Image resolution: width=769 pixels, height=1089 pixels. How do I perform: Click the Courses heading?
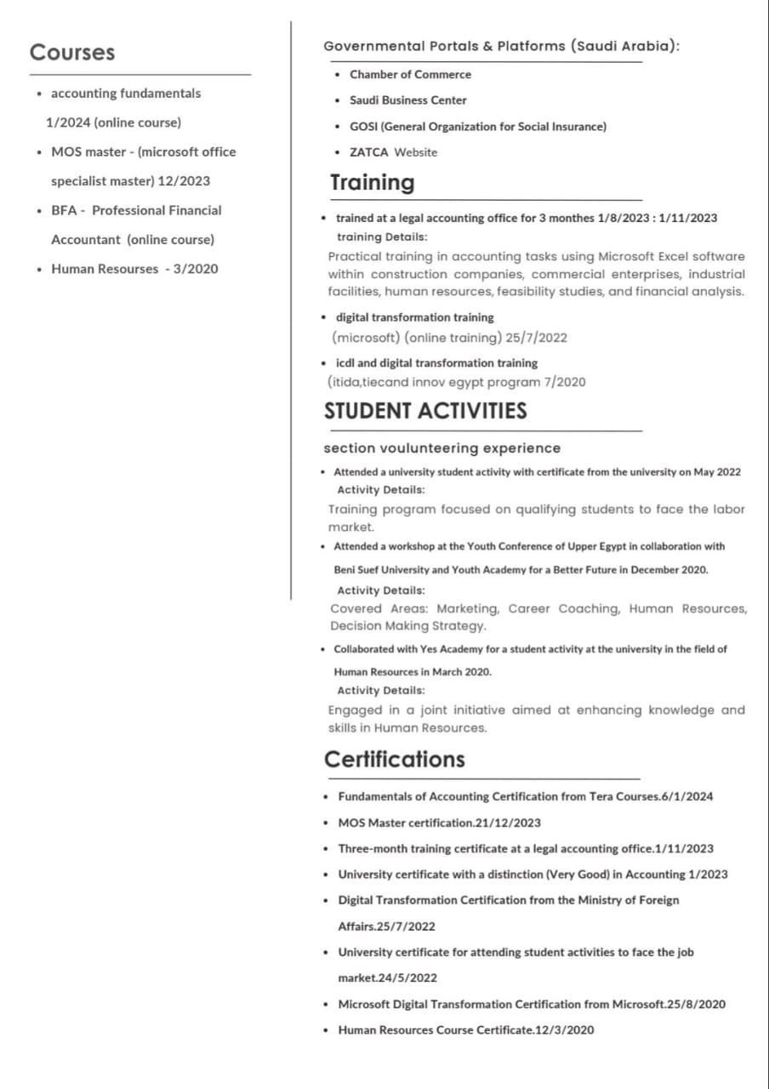[72, 53]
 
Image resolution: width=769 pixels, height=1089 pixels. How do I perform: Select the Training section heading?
[373, 183]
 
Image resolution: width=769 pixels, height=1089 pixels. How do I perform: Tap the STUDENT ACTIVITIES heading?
[425, 411]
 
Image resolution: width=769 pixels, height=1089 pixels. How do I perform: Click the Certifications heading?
[395, 759]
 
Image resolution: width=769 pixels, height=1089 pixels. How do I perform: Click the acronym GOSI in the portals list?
[363, 127]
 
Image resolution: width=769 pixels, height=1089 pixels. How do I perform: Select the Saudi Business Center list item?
[408, 100]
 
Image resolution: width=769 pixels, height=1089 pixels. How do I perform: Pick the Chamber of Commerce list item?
[410, 75]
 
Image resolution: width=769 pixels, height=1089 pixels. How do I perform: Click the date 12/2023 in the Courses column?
[184, 181]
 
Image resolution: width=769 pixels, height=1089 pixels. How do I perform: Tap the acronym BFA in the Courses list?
[65, 210]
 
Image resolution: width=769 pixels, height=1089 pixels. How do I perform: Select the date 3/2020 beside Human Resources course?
[196, 269]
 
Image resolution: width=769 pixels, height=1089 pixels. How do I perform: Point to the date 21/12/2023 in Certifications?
[508, 823]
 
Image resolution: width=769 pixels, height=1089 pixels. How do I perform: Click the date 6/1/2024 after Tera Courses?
[687, 797]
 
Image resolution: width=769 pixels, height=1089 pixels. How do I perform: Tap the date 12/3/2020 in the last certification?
[564, 1030]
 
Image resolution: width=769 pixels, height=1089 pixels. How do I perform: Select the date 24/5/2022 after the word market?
[408, 978]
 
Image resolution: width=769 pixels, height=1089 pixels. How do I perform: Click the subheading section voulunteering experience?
[442, 448]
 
